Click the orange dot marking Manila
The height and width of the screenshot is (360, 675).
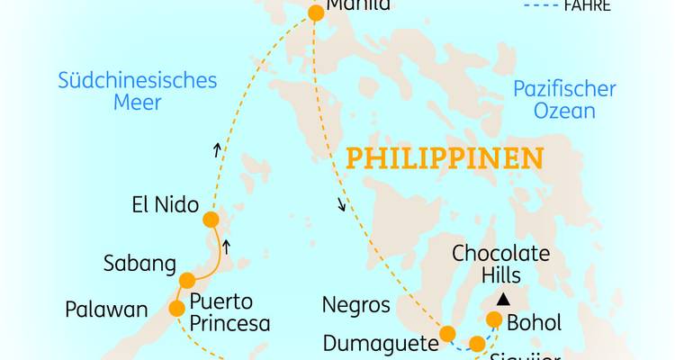click(x=316, y=13)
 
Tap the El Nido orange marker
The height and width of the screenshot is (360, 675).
click(x=211, y=220)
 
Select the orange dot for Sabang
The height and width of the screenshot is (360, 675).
click(x=186, y=281)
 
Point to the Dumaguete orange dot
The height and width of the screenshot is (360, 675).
click(x=446, y=335)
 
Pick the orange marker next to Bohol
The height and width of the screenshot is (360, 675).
click(x=494, y=319)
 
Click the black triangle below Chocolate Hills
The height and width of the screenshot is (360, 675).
click(x=505, y=299)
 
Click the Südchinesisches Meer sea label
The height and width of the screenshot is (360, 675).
click(x=138, y=91)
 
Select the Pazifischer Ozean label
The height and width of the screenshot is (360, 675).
click(x=564, y=100)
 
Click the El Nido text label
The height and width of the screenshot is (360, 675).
click(x=163, y=204)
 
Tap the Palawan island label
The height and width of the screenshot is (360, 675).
click(x=106, y=310)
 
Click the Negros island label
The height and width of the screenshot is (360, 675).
click(x=356, y=305)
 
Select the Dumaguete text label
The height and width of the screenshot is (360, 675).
click(x=378, y=343)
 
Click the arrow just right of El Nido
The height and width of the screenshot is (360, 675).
click(x=227, y=246)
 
